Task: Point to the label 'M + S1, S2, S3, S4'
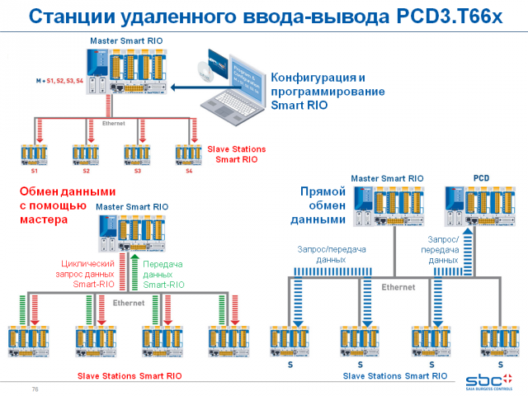(59, 82)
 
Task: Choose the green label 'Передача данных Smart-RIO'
(163, 273)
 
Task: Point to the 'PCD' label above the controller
(481, 177)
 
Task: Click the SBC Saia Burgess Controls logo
(488, 380)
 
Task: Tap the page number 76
(35, 389)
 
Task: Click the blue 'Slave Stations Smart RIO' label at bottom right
(394, 375)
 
